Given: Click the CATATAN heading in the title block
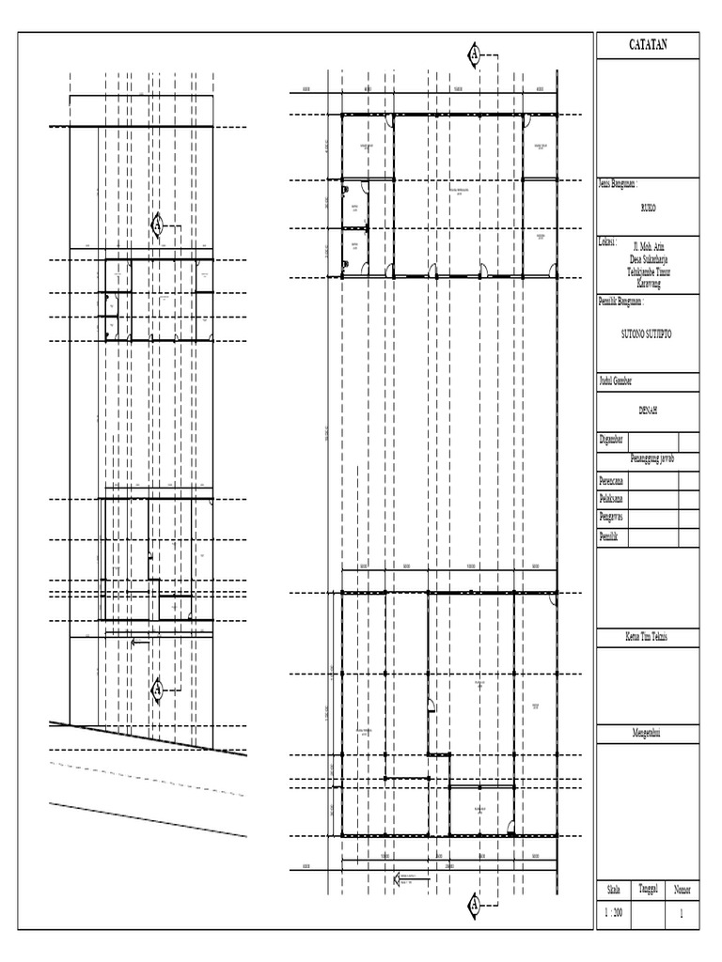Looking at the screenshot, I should click(x=648, y=44).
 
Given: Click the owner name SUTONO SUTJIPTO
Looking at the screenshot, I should click(x=648, y=334).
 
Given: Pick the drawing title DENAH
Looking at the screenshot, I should click(x=648, y=411).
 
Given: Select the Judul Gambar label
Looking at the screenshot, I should click(x=616, y=381).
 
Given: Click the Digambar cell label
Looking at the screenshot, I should click(x=613, y=440).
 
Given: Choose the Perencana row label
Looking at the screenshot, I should click(x=615, y=480).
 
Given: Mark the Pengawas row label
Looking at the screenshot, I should click(x=614, y=518).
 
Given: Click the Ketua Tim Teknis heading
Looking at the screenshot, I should click(x=648, y=637).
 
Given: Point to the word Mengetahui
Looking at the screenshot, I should click(x=648, y=730).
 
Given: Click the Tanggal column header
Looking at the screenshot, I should click(x=648, y=889).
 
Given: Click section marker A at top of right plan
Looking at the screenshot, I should click(x=475, y=55).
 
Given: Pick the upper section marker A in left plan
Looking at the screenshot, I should click(x=158, y=225).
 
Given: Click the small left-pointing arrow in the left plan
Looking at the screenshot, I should click(x=139, y=643).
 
